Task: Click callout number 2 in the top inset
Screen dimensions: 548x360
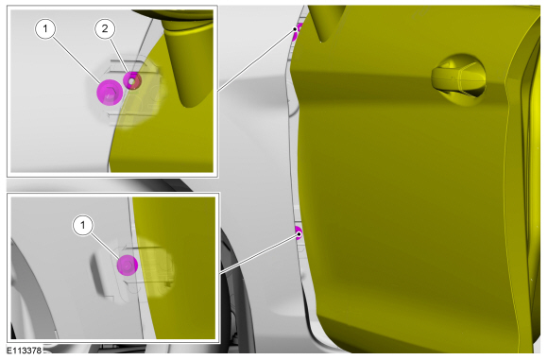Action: tap(105, 28)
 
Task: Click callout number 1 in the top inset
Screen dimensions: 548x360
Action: tap(45, 28)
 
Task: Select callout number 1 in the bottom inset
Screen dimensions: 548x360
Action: tap(83, 226)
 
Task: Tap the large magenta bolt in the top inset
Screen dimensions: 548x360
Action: tap(110, 93)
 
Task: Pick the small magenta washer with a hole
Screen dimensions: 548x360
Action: tap(132, 80)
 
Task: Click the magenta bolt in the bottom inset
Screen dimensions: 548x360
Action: tap(128, 266)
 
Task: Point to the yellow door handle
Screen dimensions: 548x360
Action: tap(458, 79)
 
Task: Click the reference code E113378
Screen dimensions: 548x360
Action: tap(25, 351)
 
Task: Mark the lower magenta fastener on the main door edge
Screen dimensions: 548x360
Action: tap(299, 232)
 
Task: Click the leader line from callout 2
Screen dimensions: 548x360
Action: tap(120, 58)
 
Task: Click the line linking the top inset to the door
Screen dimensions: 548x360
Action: tap(257, 60)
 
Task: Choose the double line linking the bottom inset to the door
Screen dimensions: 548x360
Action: tap(259, 254)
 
